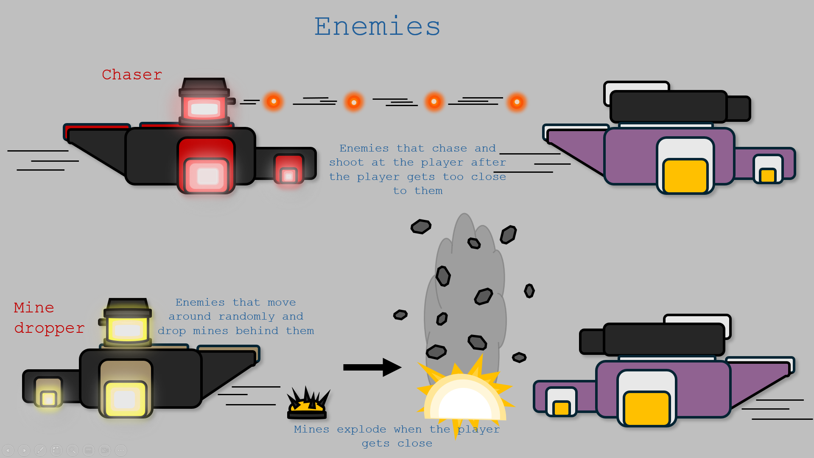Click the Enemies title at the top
click(x=377, y=26)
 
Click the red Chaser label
click(x=132, y=75)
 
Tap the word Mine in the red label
click(x=34, y=307)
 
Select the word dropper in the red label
click(x=49, y=328)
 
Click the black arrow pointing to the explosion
click(x=372, y=367)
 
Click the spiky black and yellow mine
click(x=308, y=404)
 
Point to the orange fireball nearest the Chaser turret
click(x=274, y=101)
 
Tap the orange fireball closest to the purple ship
click(x=517, y=102)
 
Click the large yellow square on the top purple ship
click(x=685, y=176)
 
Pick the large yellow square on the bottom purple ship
click(x=646, y=408)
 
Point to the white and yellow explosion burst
click(x=464, y=397)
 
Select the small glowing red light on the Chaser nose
click(x=289, y=175)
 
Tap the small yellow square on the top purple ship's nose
click(x=767, y=175)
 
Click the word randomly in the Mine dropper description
click(x=246, y=317)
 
